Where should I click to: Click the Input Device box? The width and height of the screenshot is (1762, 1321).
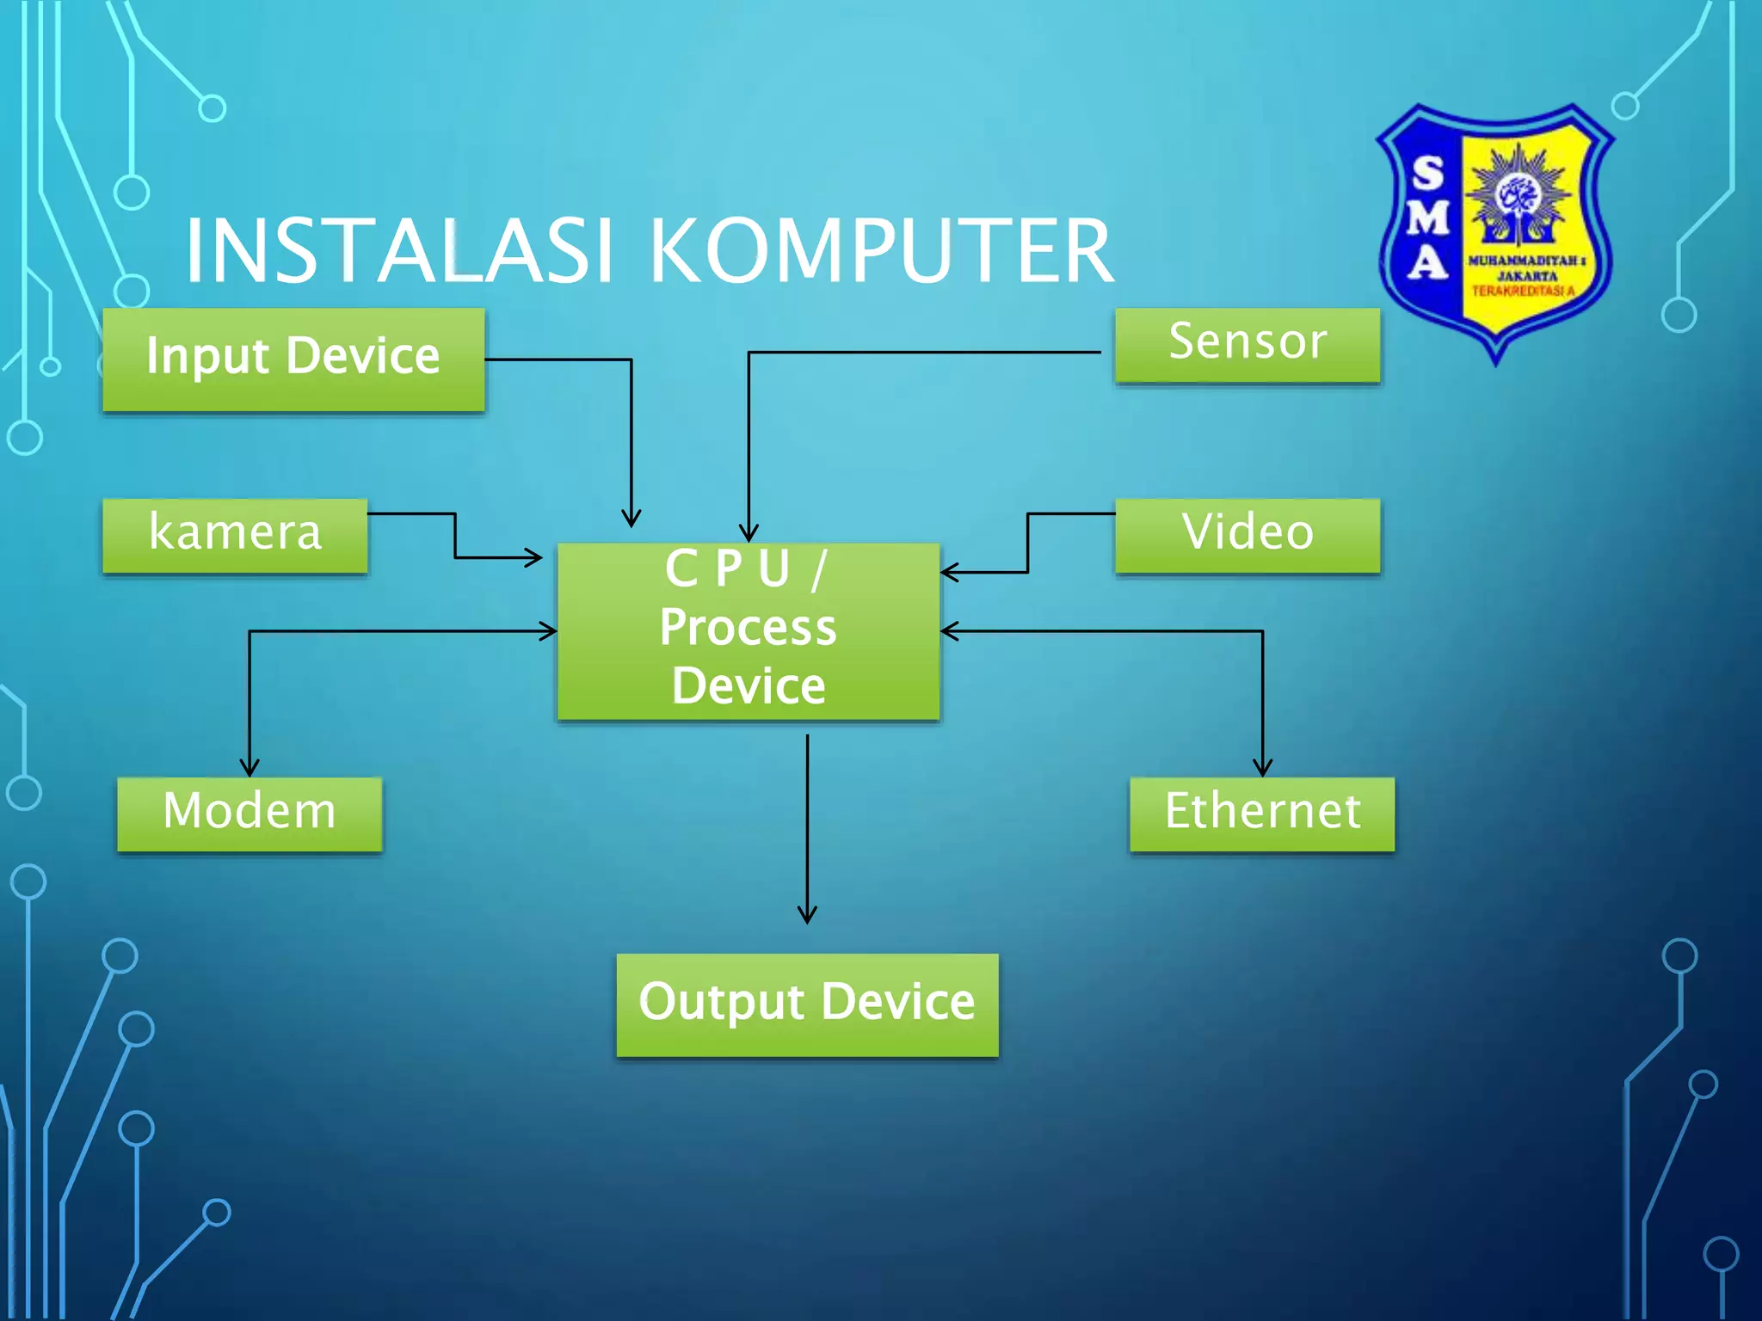tap(293, 359)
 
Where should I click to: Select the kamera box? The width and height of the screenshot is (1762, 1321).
tap(235, 535)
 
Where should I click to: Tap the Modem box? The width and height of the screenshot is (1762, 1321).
tap(250, 814)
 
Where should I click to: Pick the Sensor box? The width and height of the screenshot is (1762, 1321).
tap(1247, 344)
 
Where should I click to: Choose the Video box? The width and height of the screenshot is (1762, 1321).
tap(1247, 535)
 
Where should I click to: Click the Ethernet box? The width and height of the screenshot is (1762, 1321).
tap(1261, 814)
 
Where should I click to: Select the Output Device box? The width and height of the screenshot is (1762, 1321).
tap(807, 1005)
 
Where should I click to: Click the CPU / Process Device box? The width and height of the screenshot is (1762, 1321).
tap(748, 630)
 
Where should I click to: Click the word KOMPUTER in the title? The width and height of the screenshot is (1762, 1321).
tap(881, 251)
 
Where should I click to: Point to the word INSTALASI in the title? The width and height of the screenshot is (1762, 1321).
tap(400, 251)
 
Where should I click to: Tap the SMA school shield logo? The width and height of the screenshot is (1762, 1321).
tap(1495, 232)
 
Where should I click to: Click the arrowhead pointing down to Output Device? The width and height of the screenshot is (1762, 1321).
tap(807, 915)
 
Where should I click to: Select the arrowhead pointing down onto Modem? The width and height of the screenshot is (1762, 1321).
tap(250, 768)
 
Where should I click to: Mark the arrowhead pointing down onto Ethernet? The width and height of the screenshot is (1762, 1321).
tap(1262, 768)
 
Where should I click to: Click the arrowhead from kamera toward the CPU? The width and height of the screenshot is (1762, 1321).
tap(534, 557)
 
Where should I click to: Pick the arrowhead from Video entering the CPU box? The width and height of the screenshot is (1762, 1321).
tap(949, 572)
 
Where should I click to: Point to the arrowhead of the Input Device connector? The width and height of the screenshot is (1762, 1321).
tap(631, 519)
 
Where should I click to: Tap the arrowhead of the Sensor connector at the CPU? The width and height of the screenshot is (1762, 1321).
tap(749, 533)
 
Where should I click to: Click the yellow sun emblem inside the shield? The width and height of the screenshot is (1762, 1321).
tap(1519, 193)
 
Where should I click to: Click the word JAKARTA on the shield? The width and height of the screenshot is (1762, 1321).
tap(1527, 276)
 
